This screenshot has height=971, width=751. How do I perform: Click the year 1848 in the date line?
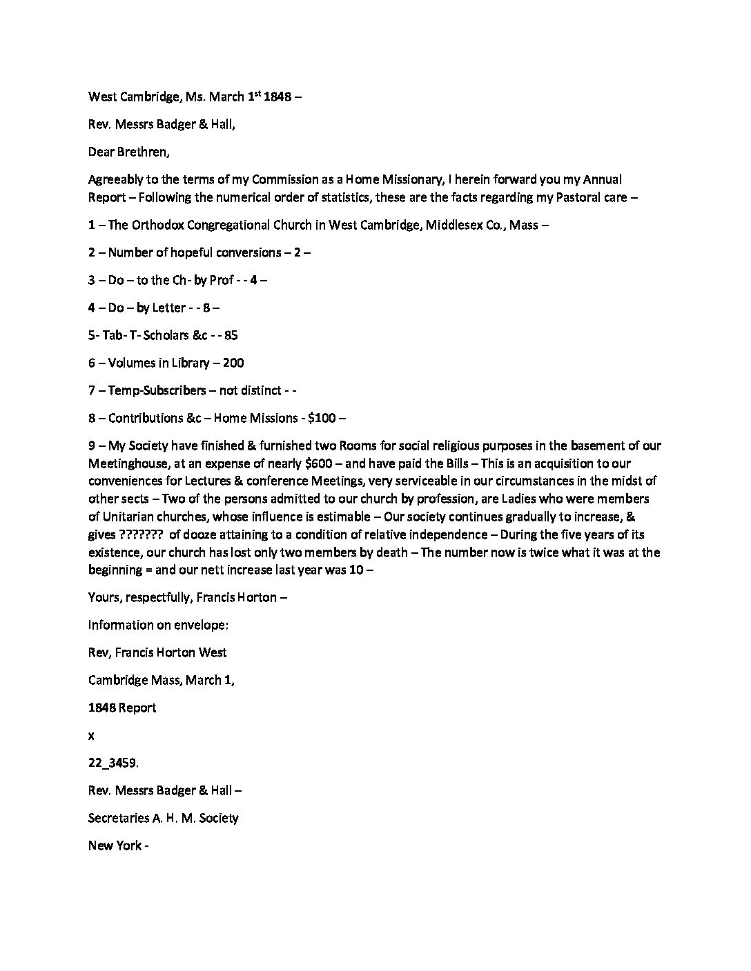pyautogui.click(x=278, y=97)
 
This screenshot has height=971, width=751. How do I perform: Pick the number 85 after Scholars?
pyautogui.click(x=231, y=335)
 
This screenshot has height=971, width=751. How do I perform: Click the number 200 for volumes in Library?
pyautogui.click(x=233, y=363)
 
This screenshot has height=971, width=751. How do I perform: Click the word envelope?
pyautogui.click(x=204, y=625)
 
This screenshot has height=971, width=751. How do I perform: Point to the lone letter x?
pyautogui.click(x=91, y=736)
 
